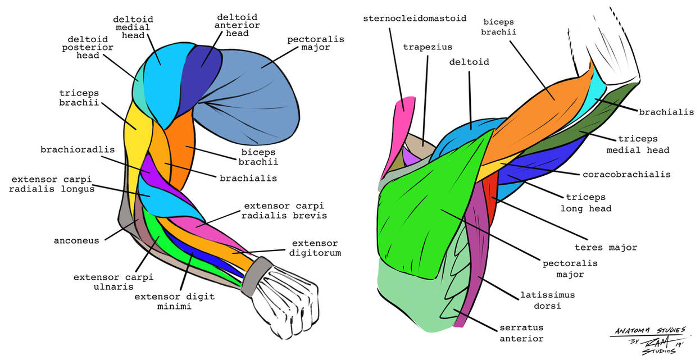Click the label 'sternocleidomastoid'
pos(415,18)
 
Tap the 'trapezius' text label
pos(427,47)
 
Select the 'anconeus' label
pos(76,240)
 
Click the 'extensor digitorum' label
pos(316,248)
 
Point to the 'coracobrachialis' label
pos(626,174)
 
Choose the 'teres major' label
pos(606,247)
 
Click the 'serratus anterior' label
pos(521,333)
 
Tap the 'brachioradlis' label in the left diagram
pos(78,150)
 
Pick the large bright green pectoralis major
pos(427,219)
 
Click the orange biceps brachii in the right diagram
pos(539,112)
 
